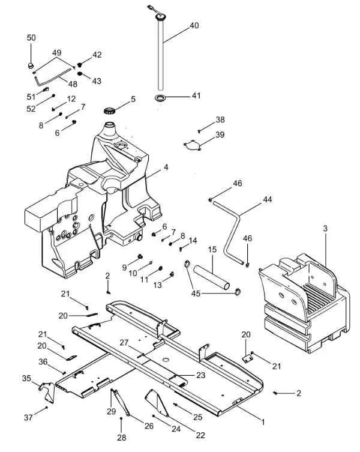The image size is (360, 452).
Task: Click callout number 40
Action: tap(194, 26)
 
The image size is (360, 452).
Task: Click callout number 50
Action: tap(31, 38)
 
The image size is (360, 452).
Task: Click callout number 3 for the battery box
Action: tap(325, 229)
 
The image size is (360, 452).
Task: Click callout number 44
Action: tap(267, 199)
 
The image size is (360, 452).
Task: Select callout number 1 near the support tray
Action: tap(262, 422)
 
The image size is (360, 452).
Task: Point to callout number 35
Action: tap(26, 378)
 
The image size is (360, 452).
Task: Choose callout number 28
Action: tap(122, 438)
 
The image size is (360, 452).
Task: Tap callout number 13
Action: tap(158, 286)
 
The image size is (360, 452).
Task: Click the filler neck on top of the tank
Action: tap(110, 129)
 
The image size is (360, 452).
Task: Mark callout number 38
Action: tap(220, 119)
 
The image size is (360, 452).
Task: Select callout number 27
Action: tap(124, 343)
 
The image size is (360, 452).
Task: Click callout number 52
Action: tap(31, 109)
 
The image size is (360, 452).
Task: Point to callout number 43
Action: tap(97, 81)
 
